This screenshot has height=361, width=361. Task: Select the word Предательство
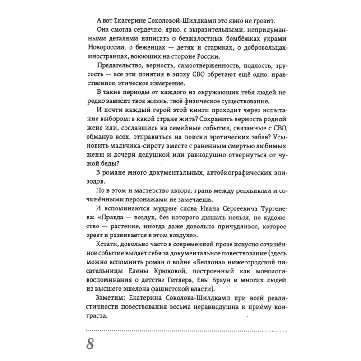coord(120,66)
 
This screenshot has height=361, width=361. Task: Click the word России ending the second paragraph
coord(206,57)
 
